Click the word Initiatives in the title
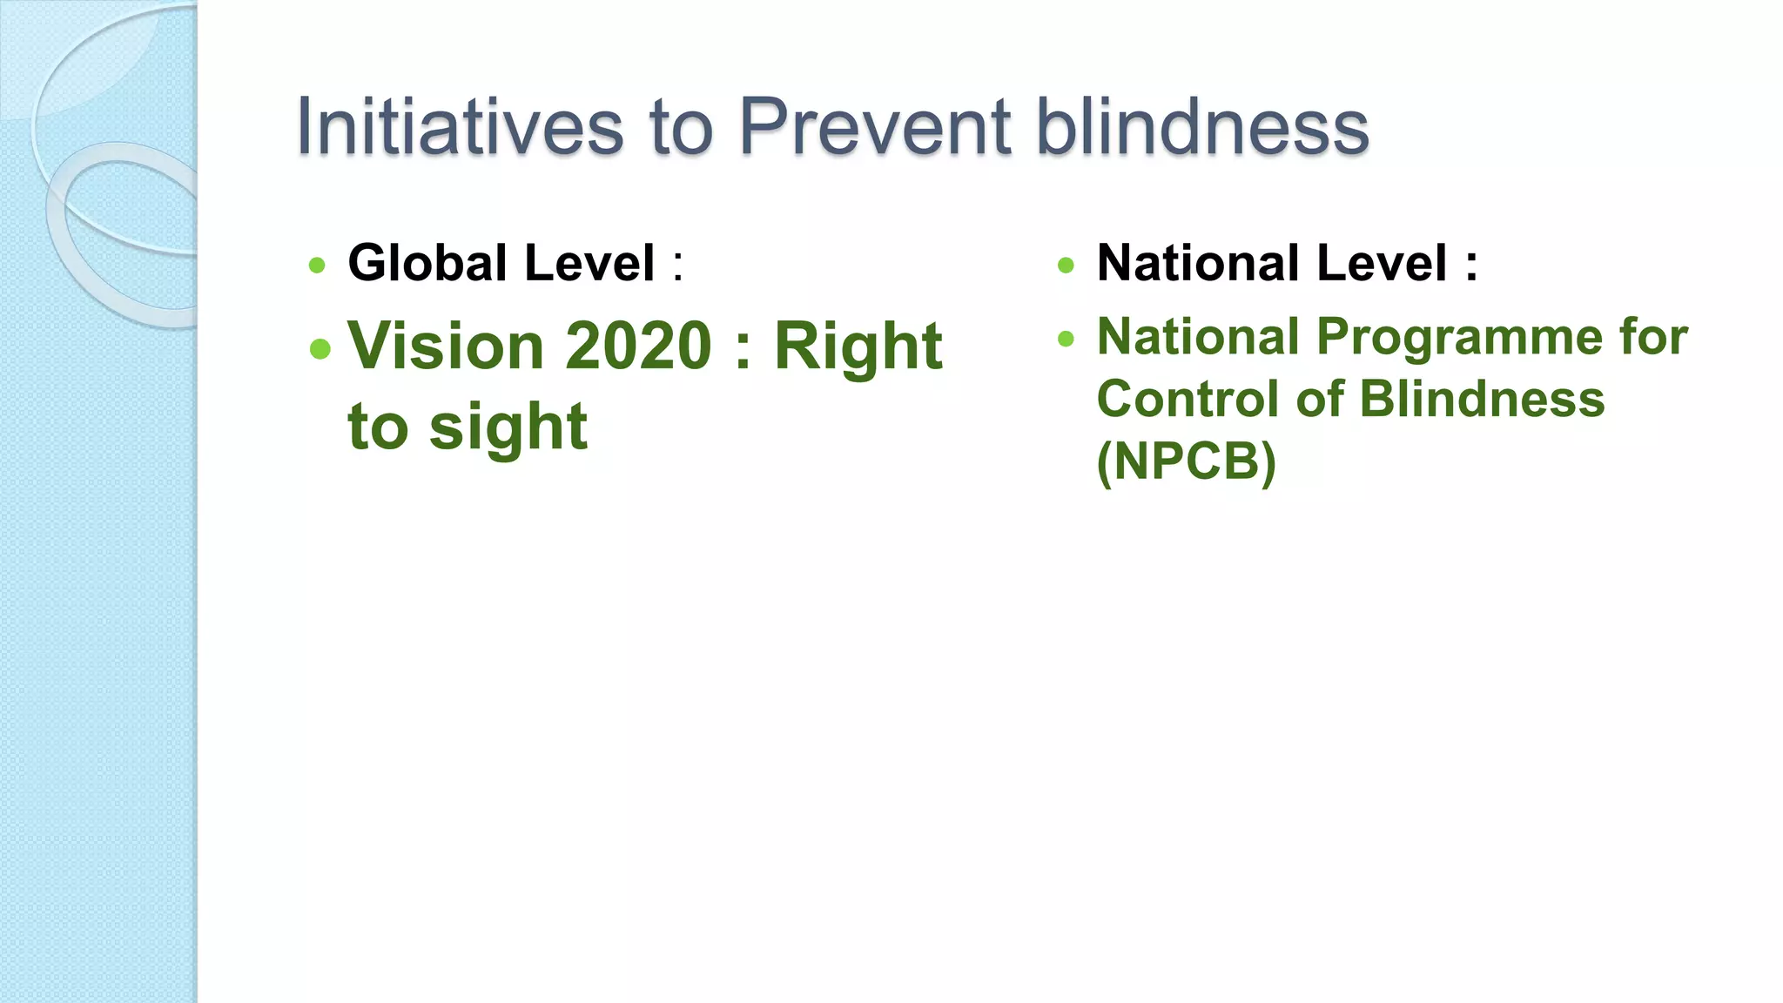coord(460,127)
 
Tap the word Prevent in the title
coord(874,127)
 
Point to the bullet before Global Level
coord(317,266)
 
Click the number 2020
coord(639,346)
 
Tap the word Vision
coord(446,346)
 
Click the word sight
coord(508,427)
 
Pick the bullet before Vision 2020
coord(320,349)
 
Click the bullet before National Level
coord(1066,266)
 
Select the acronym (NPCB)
coord(1186,461)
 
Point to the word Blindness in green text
coord(1481,399)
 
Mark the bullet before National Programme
coord(1066,339)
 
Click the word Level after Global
coord(589,263)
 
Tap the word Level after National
coord(1382,263)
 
